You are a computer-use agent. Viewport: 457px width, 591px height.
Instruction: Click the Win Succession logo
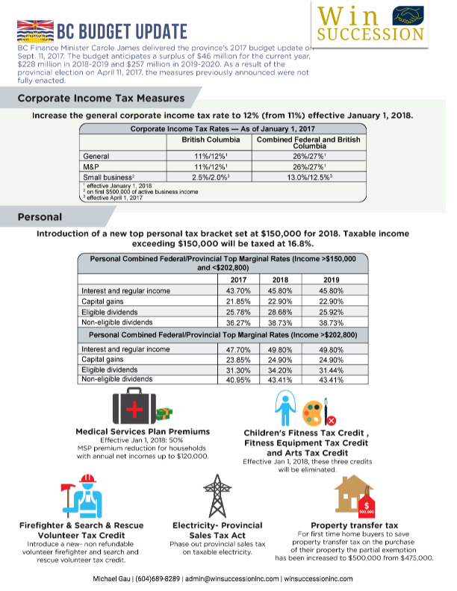tap(370, 23)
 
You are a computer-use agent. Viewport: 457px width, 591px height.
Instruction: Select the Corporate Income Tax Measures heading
tap(101, 98)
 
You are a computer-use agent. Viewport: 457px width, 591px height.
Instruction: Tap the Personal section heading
tap(40, 217)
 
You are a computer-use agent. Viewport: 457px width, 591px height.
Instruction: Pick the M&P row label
tap(92, 166)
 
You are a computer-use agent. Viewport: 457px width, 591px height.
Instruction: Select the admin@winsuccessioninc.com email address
tap(233, 578)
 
